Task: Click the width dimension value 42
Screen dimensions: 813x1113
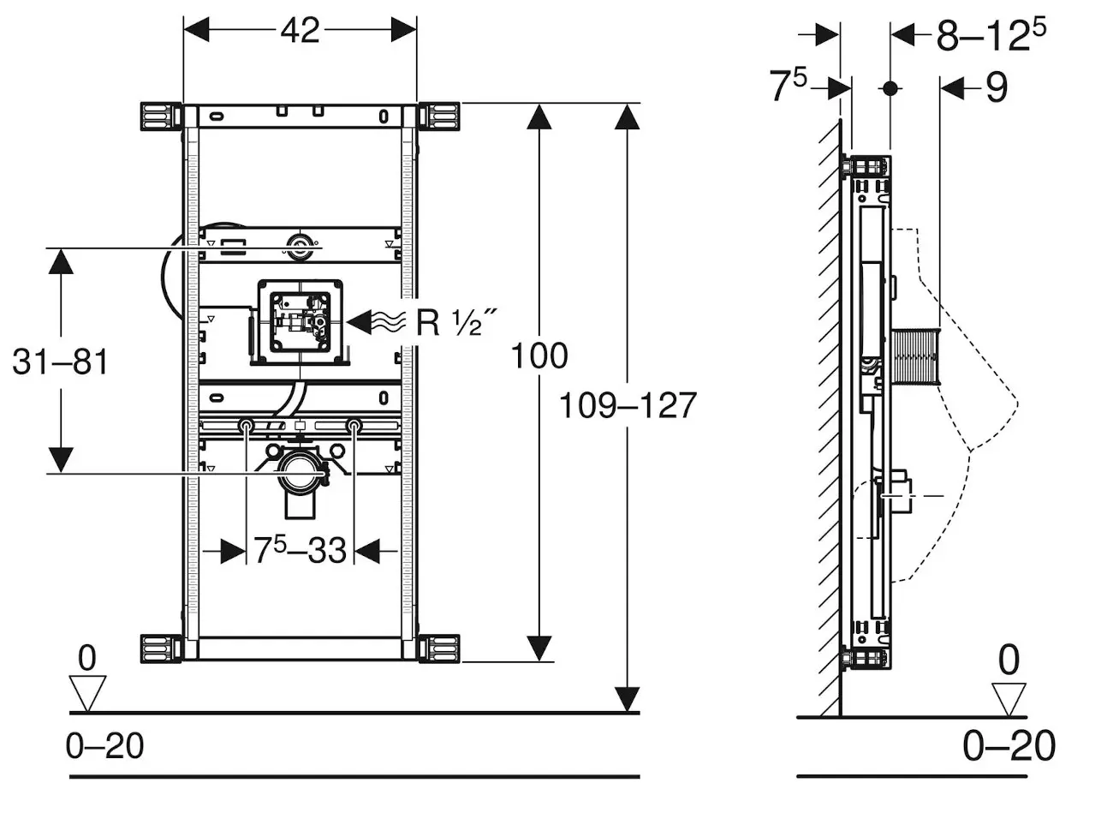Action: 300,31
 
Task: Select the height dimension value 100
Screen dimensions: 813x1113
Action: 539,356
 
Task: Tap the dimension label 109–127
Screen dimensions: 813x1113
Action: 628,405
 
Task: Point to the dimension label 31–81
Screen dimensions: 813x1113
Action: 61,362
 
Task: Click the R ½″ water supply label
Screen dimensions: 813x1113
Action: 455,322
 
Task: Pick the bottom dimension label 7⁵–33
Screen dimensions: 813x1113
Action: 300,551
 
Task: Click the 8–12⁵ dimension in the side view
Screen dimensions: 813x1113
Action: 991,34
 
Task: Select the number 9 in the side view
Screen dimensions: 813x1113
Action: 996,87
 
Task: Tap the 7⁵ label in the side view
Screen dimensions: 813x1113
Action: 789,87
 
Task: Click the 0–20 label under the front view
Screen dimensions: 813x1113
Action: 105,746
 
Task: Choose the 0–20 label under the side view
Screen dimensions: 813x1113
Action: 1009,746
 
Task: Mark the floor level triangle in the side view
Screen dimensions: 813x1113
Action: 1009,697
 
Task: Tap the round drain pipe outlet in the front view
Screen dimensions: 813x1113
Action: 301,473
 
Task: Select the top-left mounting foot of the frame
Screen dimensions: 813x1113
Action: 160,117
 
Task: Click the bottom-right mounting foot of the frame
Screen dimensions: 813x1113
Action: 440,649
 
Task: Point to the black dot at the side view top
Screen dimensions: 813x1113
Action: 890,87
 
